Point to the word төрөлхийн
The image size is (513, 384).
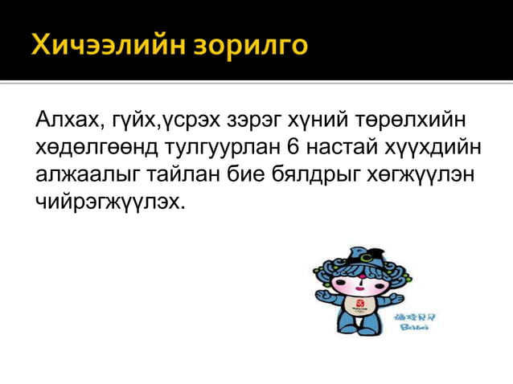[417, 121]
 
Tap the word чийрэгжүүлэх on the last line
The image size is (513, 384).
[109, 201]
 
